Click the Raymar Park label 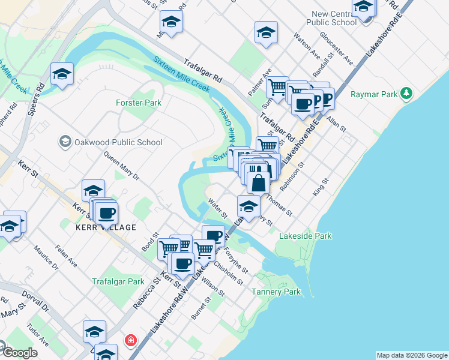coord(374,94)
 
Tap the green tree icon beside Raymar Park coord(407,94)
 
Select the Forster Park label coord(139,103)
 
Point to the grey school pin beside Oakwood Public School coord(64,142)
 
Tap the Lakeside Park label coord(305,236)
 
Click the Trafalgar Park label coord(118,281)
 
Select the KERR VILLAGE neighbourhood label coord(106,228)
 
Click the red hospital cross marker coord(130,341)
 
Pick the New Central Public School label coord(334,18)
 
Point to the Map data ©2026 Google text coord(412,355)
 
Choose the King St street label coord(322,187)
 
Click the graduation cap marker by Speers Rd coord(62,74)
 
